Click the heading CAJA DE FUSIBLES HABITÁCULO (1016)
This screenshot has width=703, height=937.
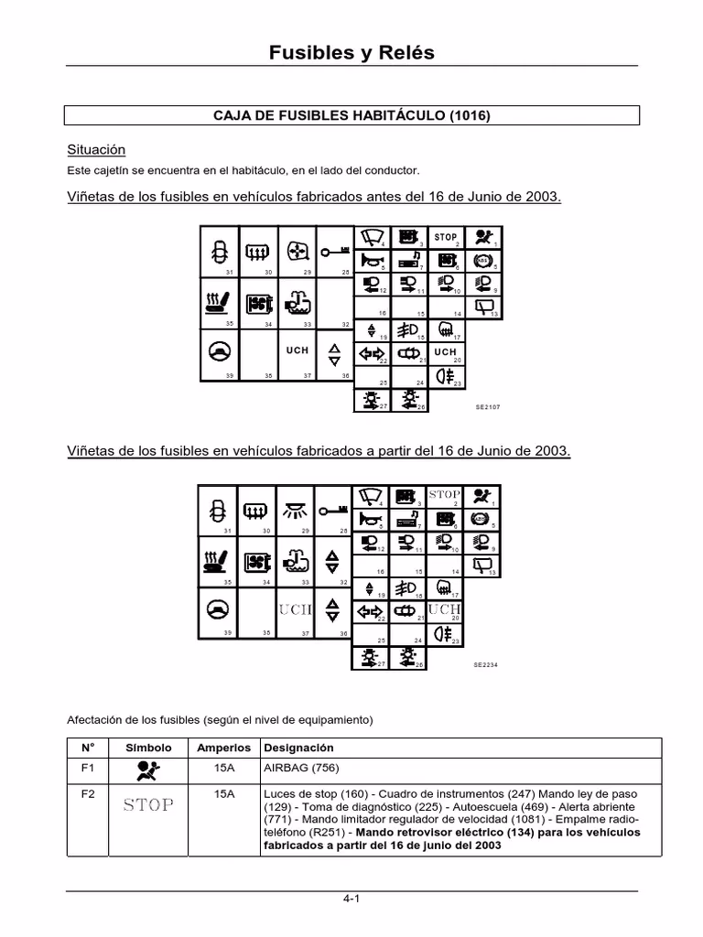tap(351, 115)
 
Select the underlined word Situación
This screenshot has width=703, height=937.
tap(96, 149)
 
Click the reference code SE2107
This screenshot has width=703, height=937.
tap(488, 406)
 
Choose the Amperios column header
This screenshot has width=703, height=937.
tap(223, 748)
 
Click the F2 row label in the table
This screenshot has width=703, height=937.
tap(88, 793)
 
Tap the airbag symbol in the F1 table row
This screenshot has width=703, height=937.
tap(147, 770)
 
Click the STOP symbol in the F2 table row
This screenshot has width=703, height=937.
tap(147, 805)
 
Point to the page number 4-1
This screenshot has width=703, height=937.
tap(351, 899)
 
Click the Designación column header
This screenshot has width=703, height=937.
tap(297, 748)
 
